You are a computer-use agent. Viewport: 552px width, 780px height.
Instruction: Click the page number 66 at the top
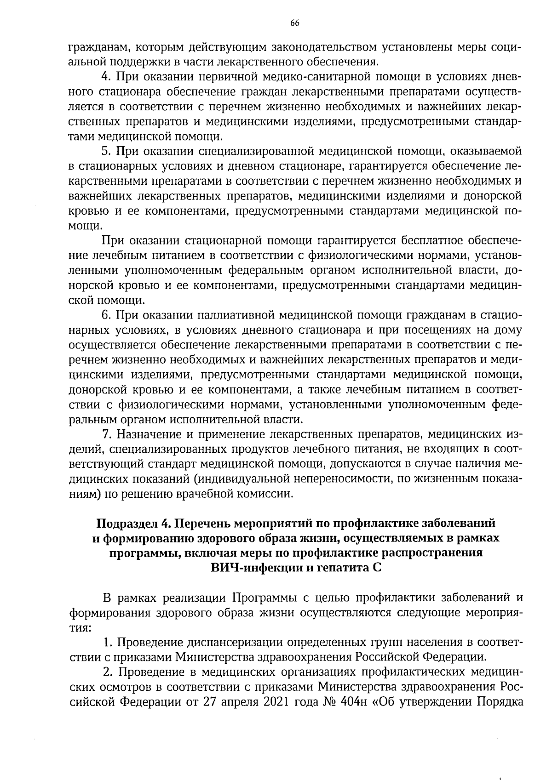[x=295, y=23]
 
